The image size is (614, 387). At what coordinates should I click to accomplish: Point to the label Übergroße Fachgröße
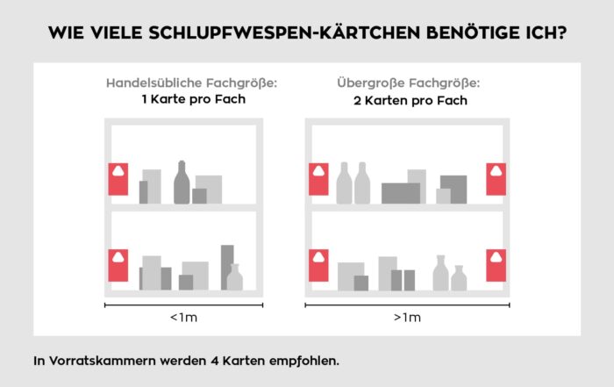tap(409, 83)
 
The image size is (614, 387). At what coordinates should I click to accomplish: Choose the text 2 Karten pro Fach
tap(408, 100)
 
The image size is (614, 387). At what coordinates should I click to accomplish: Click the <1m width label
tap(182, 317)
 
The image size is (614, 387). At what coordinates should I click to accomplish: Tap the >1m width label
tap(408, 317)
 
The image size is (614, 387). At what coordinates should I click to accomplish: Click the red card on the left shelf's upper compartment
tap(118, 179)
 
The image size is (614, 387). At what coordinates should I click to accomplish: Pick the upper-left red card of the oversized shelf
tap(318, 179)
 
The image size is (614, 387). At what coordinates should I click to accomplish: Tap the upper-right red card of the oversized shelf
tap(497, 179)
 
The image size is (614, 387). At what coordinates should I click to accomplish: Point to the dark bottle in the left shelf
tap(182, 183)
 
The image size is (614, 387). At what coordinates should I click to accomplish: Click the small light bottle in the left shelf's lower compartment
tap(234, 278)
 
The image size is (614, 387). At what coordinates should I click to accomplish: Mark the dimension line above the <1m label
tap(182, 305)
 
